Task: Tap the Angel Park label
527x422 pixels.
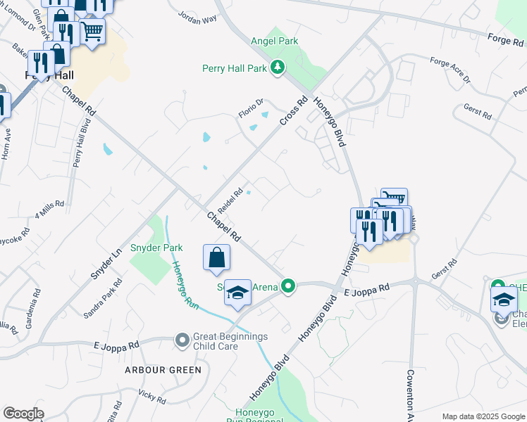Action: tap(275, 41)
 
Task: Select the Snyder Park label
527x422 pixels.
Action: tap(156, 248)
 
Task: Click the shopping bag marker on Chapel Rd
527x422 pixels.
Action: tap(216, 258)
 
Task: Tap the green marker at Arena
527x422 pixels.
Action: tap(287, 286)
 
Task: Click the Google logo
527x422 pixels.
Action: tap(23, 414)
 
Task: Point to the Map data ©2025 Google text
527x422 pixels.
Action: tap(483, 416)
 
